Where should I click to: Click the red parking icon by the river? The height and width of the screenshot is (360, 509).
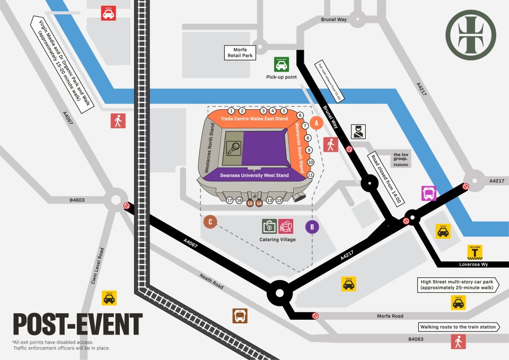click(109, 13)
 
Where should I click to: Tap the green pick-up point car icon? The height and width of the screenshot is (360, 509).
click(281, 64)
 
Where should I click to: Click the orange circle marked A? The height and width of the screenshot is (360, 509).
click(317, 123)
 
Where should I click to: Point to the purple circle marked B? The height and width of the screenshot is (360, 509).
click(312, 227)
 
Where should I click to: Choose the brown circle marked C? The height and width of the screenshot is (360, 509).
click(210, 222)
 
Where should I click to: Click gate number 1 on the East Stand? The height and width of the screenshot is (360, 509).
click(231, 111)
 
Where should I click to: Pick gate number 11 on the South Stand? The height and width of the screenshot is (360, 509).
click(311, 175)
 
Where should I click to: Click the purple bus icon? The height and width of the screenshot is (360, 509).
click(429, 193)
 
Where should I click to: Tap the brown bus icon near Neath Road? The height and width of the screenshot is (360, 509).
click(240, 316)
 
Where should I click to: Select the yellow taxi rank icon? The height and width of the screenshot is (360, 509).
click(474, 252)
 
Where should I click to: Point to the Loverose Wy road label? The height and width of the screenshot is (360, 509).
click(473, 264)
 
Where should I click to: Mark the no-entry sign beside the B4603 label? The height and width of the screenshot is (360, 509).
click(126, 206)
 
